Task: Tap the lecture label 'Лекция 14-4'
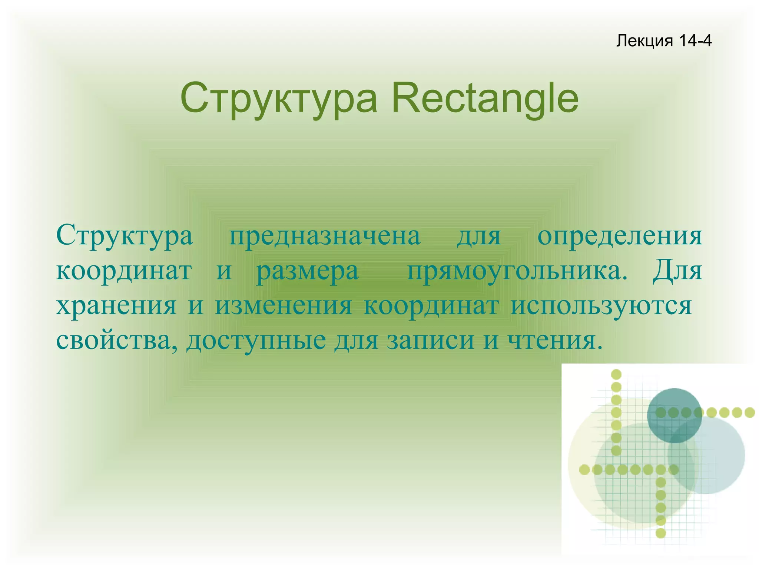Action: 663,40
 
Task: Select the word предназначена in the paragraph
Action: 325,236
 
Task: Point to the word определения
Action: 620,236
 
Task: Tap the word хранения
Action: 116,306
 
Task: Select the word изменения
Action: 284,306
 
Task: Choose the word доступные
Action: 256,340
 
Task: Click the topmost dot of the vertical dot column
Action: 616,374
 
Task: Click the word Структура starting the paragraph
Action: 125,236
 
